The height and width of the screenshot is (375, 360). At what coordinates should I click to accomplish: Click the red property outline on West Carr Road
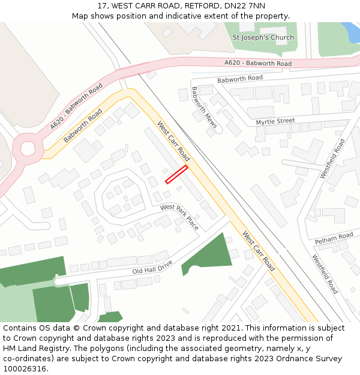pyautogui.click(x=176, y=174)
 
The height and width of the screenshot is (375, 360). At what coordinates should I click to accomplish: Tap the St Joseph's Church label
pyautogui.click(x=263, y=37)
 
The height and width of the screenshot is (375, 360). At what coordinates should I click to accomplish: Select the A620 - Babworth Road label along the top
pyautogui.click(x=258, y=63)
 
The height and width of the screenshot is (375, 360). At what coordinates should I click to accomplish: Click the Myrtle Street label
pyautogui.click(x=275, y=121)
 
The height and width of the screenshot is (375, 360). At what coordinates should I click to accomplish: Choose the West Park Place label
pyautogui.click(x=179, y=216)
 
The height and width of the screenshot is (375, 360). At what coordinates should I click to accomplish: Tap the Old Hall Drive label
pyautogui.click(x=152, y=267)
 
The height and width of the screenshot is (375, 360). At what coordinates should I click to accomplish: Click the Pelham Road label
pyautogui.click(x=334, y=238)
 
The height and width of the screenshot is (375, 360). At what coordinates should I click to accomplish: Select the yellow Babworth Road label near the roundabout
pyautogui.click(x=83, y=125)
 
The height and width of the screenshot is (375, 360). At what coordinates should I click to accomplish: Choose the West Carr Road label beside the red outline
pyautogui.click(x=173, y=142)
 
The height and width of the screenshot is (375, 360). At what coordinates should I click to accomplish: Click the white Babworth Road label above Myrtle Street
pyautogui.click(x=240, y=79)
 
